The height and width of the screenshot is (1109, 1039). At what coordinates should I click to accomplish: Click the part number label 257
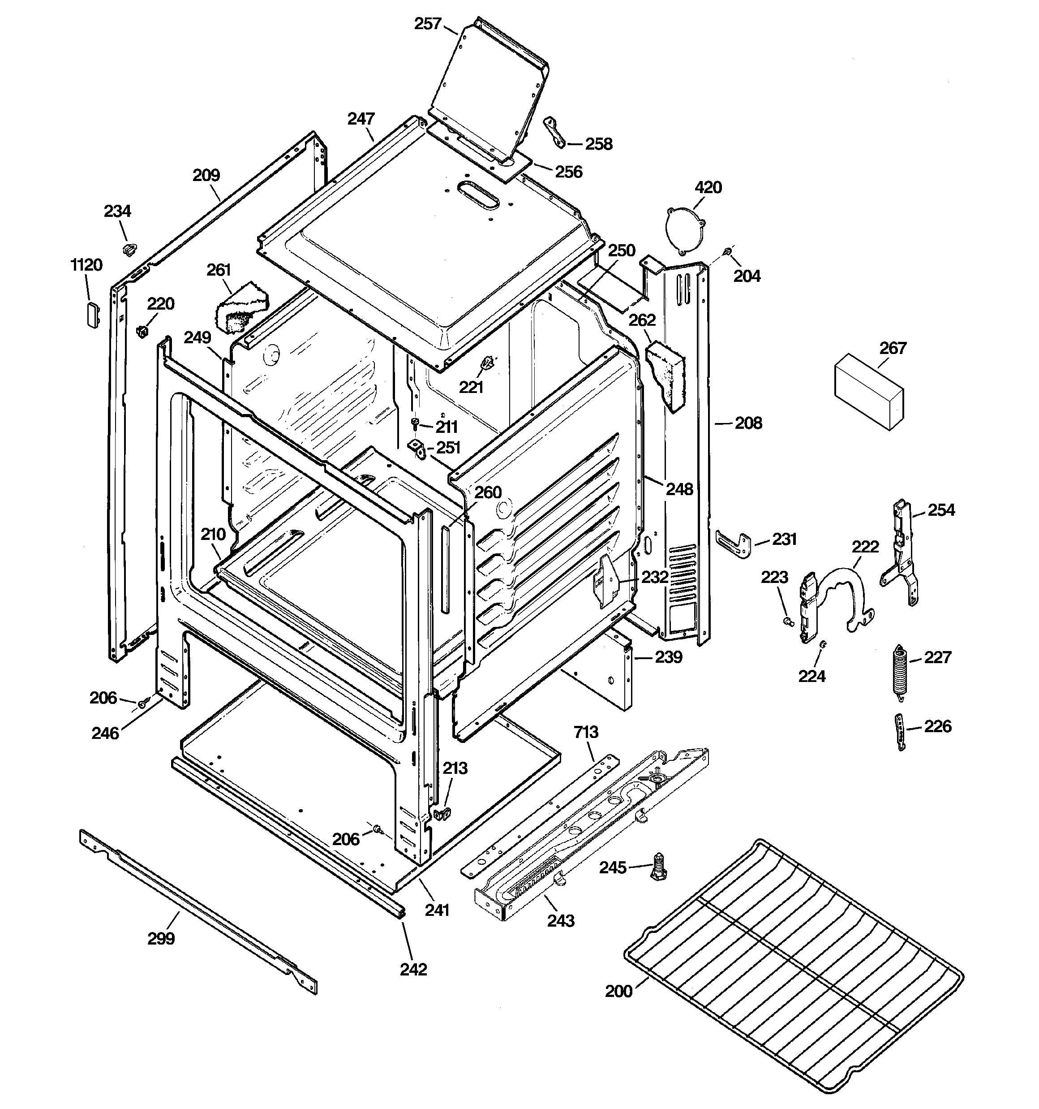(x=428, y=24)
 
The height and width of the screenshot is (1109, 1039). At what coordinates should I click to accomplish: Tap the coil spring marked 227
(x=898, y=668)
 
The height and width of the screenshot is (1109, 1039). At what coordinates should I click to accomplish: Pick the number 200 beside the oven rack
(x=618, y=991)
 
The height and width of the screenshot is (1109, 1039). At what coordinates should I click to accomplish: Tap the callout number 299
(x=161, y=938)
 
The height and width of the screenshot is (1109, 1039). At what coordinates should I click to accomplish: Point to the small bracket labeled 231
(x=733, y=544)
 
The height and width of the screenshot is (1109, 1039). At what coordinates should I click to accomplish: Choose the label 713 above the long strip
(x=586, y=731)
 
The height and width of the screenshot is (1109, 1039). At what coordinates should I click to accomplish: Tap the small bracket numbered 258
(x=555, y=132)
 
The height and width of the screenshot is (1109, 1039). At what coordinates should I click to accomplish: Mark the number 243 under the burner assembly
(x=561, y=920)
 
